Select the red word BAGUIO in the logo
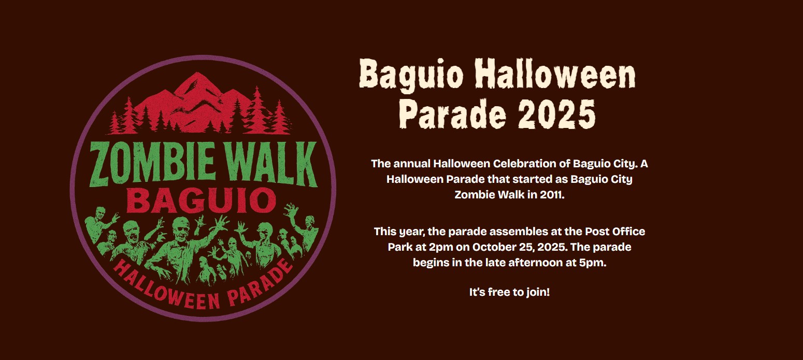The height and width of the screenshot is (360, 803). click(201, 201)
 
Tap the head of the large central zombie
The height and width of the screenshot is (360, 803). click(182, 229)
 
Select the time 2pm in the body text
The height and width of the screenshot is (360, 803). click(441, 247)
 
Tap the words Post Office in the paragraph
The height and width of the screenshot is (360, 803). click(615, 231)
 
